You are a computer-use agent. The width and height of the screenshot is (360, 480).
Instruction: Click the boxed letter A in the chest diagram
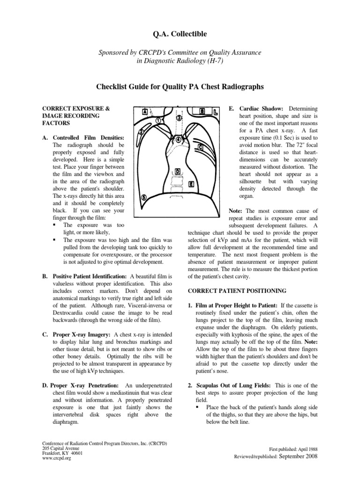click(145, 112)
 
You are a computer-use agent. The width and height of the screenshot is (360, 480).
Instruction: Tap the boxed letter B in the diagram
click(202, 112)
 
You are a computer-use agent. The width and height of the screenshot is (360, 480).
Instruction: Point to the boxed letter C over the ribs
click(200, 148)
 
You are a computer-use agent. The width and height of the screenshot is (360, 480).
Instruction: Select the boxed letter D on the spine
click(177, 171)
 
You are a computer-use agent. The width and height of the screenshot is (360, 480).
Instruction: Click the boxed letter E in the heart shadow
click(191, 184)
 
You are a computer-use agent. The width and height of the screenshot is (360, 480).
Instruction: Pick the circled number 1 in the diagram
click(158, 120)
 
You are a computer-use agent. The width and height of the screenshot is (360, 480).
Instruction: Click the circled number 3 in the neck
click(179, 118)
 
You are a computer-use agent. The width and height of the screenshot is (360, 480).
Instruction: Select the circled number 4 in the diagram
click(178, 140)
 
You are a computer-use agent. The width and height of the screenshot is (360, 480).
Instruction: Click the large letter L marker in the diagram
click(215, 112)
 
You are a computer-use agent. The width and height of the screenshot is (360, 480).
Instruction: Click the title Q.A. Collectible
click(180, 34)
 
